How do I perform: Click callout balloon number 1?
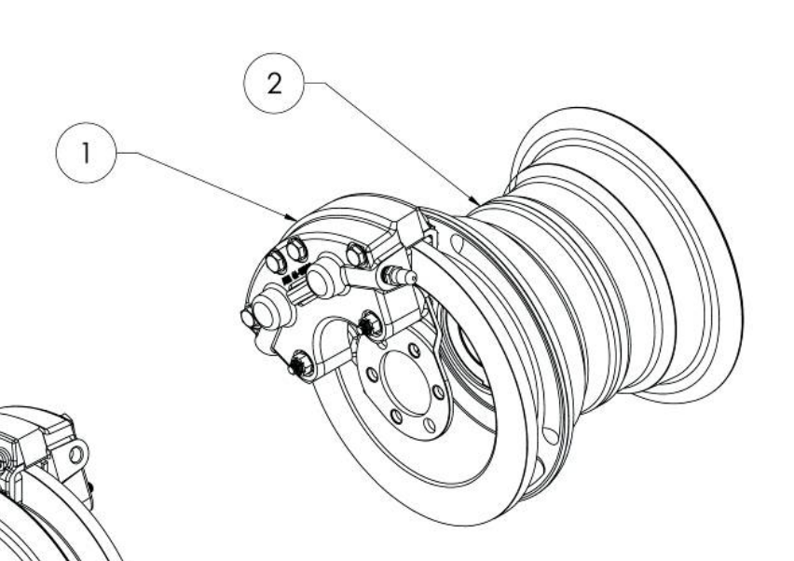(86, 153)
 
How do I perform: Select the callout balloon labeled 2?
(274, 83)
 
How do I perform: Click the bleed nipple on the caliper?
(400, 276)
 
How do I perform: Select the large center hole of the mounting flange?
(404, 383)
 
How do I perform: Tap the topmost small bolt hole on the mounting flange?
(414, 349)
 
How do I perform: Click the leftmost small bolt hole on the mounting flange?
(373, 376)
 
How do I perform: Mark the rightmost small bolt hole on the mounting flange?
(439, 392)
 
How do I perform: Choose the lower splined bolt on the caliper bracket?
(301, 363)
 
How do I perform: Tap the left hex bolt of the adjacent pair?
(277, 261)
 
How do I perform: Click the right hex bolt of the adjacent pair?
(296, 250)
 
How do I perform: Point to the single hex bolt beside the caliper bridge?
(357, 254)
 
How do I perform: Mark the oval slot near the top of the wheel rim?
(457, 244)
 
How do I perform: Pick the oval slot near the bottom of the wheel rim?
(550, 435)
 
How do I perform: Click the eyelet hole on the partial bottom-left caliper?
(76, 455)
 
